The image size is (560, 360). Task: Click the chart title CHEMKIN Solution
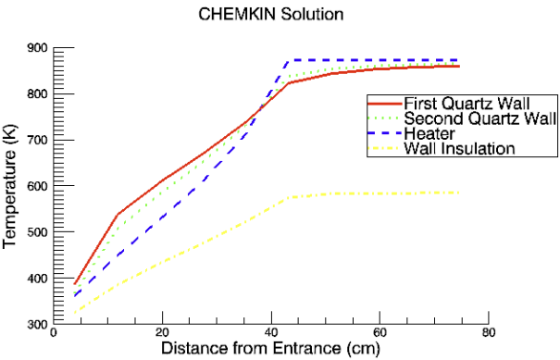pyautogui.click(x=270, y=15)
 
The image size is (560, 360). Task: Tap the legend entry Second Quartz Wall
pyautogui.click(x=479, y=118)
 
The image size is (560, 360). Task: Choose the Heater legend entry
pyautogui.click(x=428, y=133)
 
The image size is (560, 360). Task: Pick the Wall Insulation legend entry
pyautogui.click(x=459, y=148)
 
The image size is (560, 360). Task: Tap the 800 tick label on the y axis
pyautogui.click(x=37, y=94)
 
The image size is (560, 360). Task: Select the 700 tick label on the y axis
pyautogui.click(x=37, y=141)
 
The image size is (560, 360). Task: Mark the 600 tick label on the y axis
pyautogui.click(x=37, y=186)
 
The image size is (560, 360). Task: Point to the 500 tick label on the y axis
pyautogui.click(x=37, y=232)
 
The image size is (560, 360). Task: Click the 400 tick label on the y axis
pyautogui.click(x=37, y=279)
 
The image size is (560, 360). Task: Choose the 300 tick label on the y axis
pyautogui.click(x=37, y=324)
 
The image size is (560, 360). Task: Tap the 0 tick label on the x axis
pyautogui.click(x=54, y=333)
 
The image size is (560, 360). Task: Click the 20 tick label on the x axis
pyautogui.click(x=163, y=333)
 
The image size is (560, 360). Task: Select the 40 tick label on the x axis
pyautogui.click(x=271, y=333)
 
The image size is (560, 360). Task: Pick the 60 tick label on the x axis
pyautogui.click(x=380, y=333)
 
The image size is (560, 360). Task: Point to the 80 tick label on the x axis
pyautogui.click(x=488, y=333)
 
